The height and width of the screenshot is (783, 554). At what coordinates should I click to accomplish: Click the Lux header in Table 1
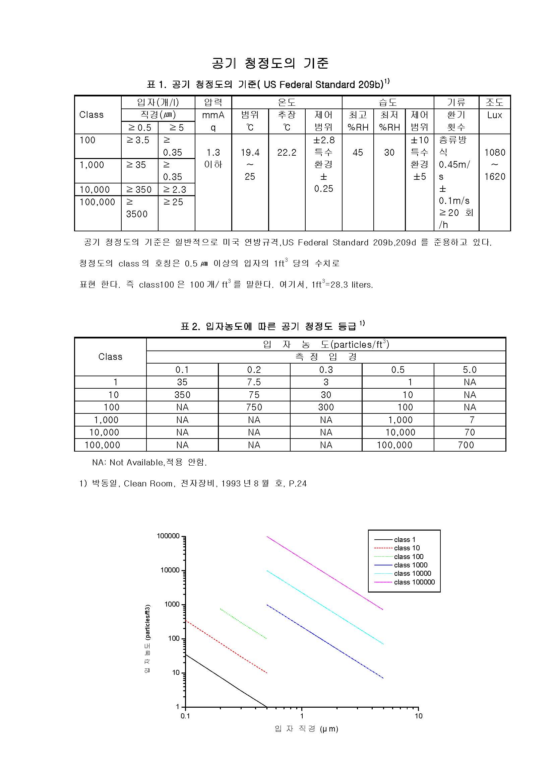coord(494,115)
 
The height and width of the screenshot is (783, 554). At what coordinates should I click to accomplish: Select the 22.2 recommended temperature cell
coord(287,152)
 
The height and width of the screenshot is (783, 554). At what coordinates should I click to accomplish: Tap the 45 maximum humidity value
coord(357,152)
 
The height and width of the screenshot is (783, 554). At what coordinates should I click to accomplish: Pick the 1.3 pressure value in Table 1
coord(213,152)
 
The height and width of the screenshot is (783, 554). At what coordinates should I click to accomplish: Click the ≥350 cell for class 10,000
coord(139,189)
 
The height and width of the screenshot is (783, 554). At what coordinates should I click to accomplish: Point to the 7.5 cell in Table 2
coord(254,382)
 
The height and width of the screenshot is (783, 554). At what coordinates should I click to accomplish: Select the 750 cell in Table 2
coord(254,407)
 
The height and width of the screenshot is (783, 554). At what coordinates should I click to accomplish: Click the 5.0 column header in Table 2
coord(469,370)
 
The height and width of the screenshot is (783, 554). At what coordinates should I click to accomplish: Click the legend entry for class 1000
coord(410,565)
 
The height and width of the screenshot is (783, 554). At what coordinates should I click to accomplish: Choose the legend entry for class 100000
coord(414,582)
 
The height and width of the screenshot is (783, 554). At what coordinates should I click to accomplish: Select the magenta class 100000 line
coord(324,573)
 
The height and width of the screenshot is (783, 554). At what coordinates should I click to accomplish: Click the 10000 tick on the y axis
coord(170,570)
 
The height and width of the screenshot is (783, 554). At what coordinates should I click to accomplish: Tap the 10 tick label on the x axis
coord(419,716)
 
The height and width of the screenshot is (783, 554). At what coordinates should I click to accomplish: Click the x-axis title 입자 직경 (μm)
coord(306,729)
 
